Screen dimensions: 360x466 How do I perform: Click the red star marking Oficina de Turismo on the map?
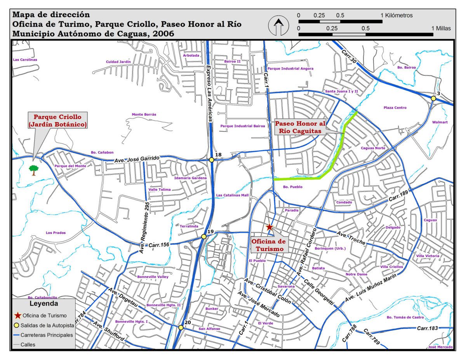(x=270, y=227)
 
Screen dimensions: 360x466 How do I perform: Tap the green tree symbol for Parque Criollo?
(x=34, y=170)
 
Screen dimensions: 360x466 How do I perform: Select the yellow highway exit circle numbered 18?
(x=212, y=160)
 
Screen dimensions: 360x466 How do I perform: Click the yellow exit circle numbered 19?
(x=203, y=237)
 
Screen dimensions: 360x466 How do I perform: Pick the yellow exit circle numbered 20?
(x=181, y=327)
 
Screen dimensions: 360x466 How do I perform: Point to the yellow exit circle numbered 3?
(x=433, y=99)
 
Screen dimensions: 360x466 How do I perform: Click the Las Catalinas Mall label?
(x=232, y=195)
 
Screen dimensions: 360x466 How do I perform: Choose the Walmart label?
(x=440, y=122)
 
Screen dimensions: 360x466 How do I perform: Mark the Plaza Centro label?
(x=395, y=108)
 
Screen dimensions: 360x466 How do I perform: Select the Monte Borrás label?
(x=144, y=115)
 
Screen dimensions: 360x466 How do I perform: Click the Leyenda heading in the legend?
(x=44, y=303)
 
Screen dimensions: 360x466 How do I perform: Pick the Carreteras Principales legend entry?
(x=47, y=335)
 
